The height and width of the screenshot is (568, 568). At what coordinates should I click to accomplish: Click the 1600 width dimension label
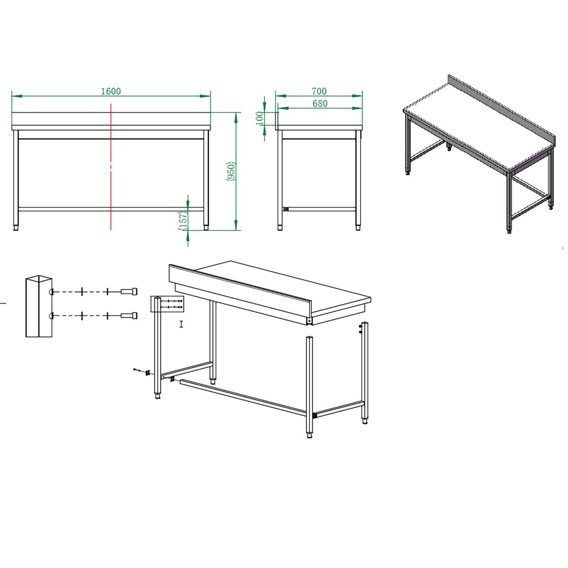pos(111,91)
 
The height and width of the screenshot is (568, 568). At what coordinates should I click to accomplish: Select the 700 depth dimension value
pos(319,91)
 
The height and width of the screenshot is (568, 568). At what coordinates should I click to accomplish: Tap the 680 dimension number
pos(320,104)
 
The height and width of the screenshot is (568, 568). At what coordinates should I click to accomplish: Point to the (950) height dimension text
pos(231,171)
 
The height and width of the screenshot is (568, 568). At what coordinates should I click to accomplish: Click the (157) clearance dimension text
pos(183,221)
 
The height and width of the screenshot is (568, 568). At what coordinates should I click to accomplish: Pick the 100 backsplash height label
pos(259,118)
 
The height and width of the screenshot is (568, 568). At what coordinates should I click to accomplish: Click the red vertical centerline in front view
pos(111,167)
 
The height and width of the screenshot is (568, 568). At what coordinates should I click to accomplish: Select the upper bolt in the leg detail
pos(129,292)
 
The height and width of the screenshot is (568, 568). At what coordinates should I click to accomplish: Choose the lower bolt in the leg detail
pos(129,316)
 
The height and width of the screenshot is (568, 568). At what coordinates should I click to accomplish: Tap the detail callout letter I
pos(181,324)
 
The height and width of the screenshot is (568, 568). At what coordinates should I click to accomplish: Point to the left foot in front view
pos(16,228)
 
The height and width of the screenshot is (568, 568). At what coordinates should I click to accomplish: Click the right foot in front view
pos(206,228)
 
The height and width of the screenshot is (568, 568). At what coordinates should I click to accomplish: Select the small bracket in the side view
pos(285,209)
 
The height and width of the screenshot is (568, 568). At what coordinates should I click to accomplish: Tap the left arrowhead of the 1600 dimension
pos(17,96)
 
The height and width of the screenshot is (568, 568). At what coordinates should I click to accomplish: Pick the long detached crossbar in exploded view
pos(243,398)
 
